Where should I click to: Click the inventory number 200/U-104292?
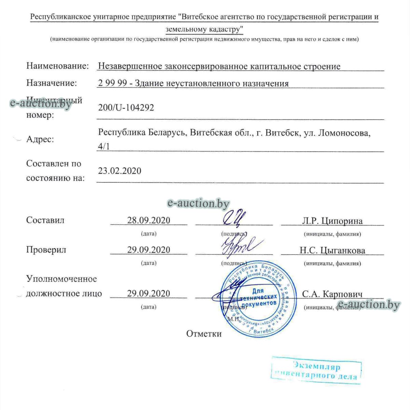point(126,108)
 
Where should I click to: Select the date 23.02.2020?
point(119,170)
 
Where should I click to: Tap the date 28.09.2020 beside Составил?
point(149,220)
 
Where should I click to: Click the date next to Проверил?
point(149,250)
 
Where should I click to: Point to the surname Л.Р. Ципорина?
point(332,221)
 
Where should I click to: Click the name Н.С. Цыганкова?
point(332,250)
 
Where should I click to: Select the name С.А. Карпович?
point(332,294)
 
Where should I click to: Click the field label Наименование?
point(57,66)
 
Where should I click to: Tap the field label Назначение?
point(52,83)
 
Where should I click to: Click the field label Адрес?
point(40,139)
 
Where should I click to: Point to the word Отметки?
point(204,333)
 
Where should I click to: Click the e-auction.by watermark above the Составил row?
point(198,204)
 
